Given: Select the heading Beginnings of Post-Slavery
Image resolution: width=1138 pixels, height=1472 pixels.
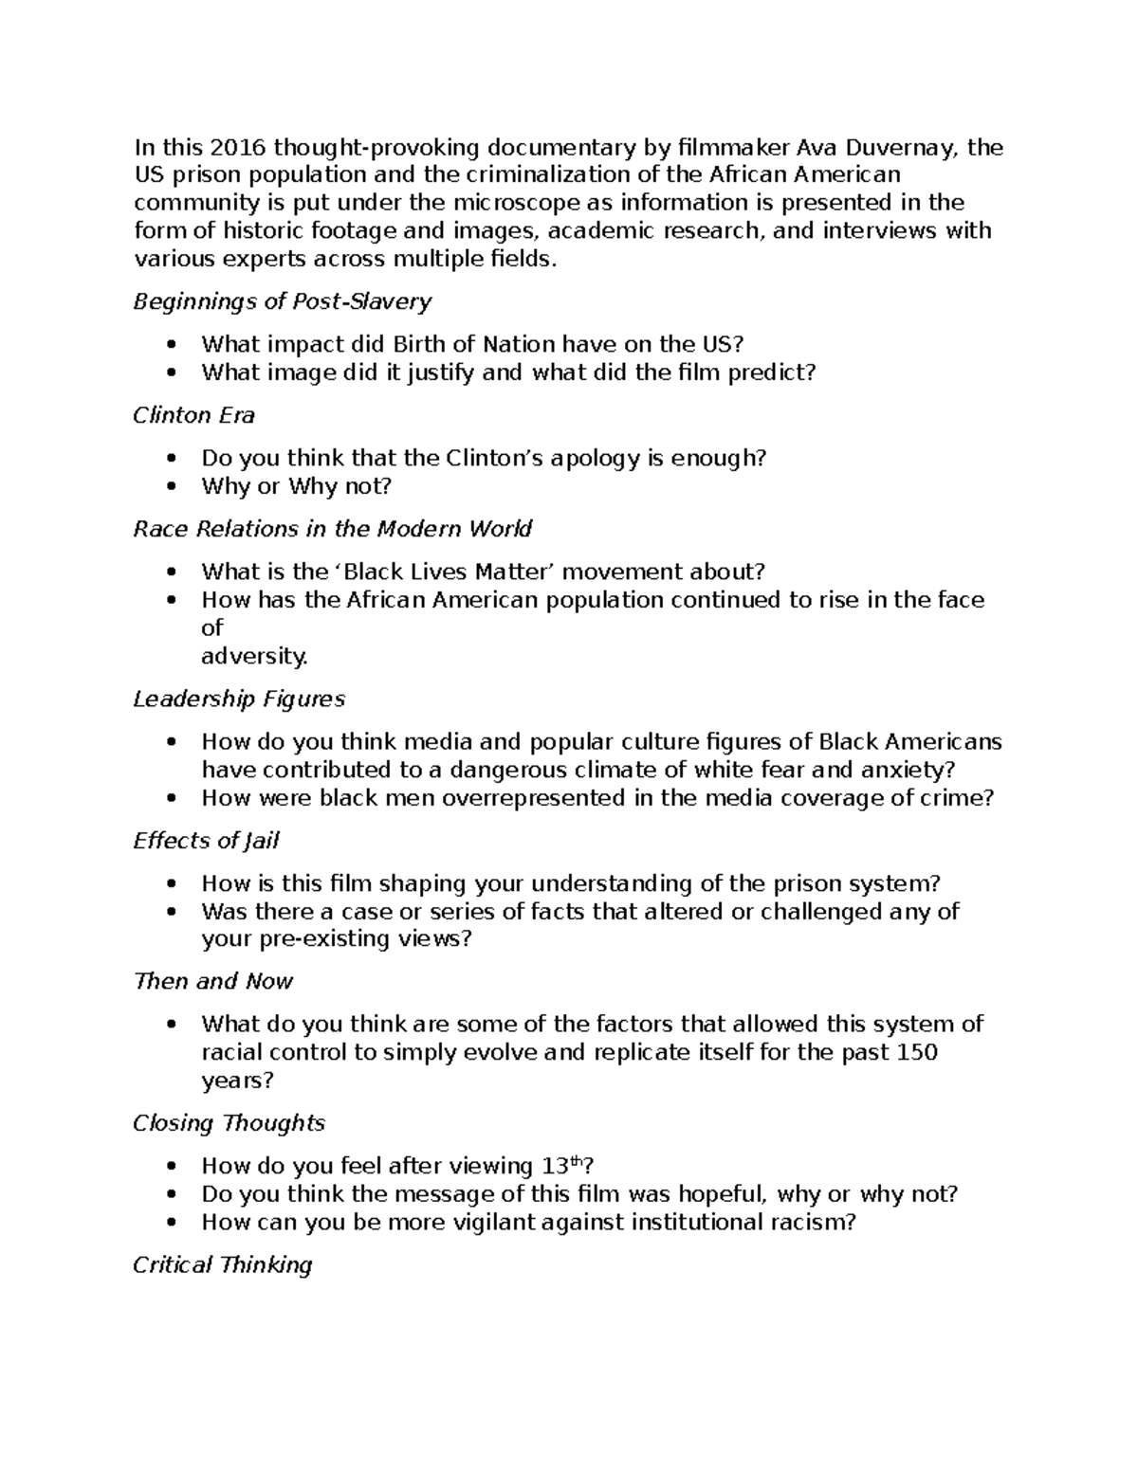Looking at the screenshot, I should [x=282, y=301].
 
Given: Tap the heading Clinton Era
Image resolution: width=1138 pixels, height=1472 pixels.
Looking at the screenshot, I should [x=193, y=415].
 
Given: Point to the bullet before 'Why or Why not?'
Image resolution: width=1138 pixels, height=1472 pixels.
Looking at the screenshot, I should [x=171, y=487].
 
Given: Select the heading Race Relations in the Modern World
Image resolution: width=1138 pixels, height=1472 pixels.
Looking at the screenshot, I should [x=332, y=528].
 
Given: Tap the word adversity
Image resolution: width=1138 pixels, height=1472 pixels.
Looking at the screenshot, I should [x=254, y=656].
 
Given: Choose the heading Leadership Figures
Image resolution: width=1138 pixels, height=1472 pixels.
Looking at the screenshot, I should [x=238, y=699].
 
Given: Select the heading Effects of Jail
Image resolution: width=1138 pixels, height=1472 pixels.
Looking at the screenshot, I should [x=206, y=841].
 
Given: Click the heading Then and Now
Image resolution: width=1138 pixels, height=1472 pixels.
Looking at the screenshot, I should [x=212, y=981].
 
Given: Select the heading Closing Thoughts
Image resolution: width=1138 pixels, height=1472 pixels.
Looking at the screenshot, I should [x=229, y=1123].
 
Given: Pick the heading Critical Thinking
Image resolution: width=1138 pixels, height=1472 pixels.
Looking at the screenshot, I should [x=222, y=1264].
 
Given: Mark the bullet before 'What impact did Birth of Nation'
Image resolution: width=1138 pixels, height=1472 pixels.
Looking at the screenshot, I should [x=171, y=345].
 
